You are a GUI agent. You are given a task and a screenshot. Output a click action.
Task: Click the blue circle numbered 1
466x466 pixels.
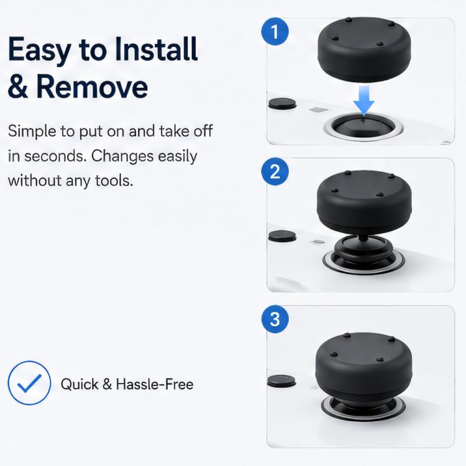coord(275,32)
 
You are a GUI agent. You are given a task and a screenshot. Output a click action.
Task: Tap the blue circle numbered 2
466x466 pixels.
coord(275,171)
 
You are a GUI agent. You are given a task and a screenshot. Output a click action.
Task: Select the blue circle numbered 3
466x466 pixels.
coord(275,319)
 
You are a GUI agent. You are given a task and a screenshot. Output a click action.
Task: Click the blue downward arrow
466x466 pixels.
coord(363,99)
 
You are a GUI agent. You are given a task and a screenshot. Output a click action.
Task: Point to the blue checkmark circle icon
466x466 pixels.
coord(29,383)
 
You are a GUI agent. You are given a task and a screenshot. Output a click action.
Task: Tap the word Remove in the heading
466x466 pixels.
coord(92,86)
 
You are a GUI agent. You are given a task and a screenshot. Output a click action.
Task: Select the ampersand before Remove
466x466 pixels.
coord(18,86)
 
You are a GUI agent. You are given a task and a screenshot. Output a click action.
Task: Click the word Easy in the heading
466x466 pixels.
coord(40,50)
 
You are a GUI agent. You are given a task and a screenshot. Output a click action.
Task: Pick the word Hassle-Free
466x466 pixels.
coord(155,384)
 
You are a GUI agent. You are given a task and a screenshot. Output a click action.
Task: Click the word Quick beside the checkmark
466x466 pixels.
coord(80,384)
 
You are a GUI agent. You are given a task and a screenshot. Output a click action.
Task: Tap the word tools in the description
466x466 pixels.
coord(114,180)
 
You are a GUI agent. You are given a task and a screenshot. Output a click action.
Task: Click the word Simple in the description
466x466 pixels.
coord(32,132)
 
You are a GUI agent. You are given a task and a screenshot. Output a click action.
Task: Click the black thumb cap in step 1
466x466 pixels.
coord(364,49)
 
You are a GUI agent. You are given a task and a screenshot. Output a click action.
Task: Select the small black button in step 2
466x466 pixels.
coord(282,235)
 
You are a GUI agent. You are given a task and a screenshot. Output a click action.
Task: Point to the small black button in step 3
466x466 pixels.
coord(281,381)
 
